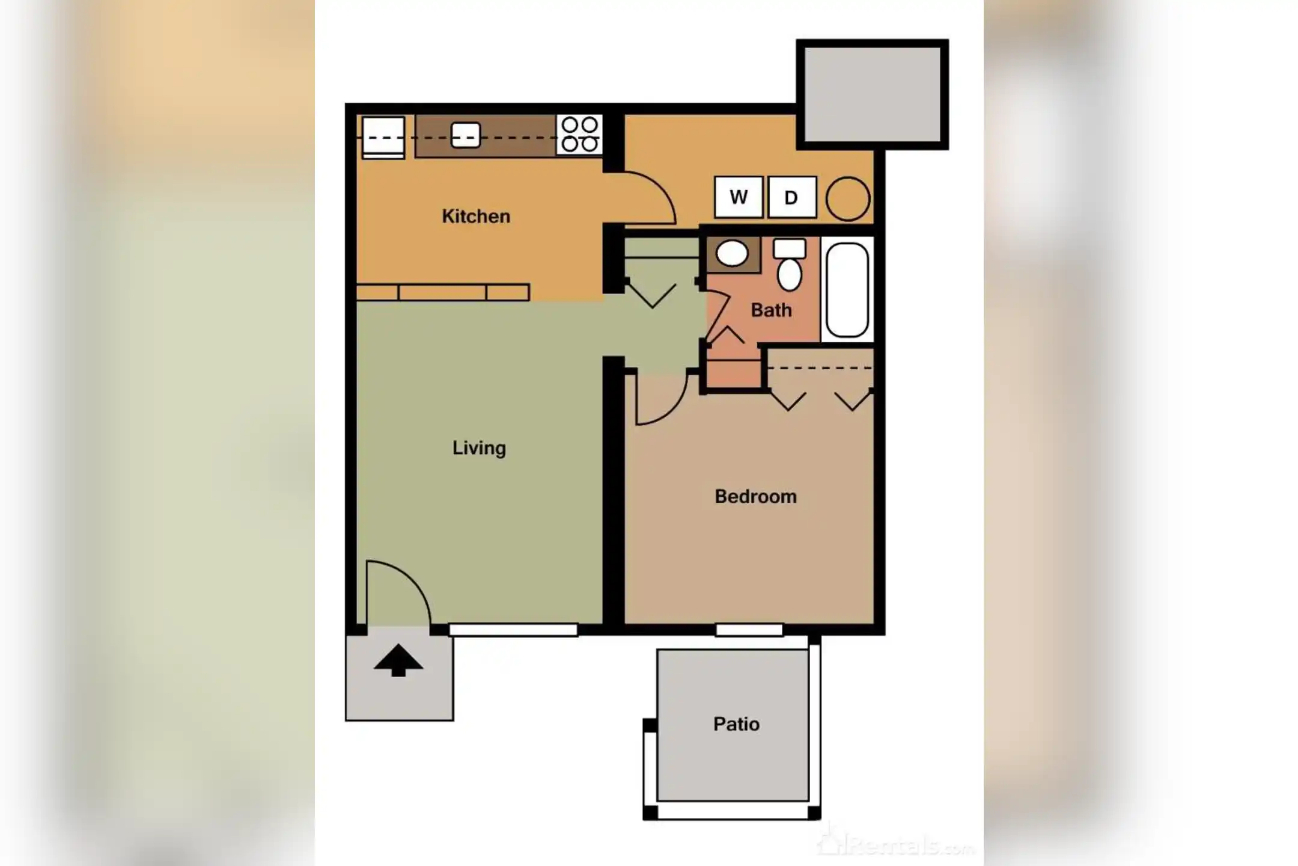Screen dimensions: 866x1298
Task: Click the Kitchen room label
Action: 476,216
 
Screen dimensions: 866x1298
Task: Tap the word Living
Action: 479,448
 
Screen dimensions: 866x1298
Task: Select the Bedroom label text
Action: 755,497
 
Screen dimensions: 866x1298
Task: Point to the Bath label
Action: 771,310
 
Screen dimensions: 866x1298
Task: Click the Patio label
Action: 736,724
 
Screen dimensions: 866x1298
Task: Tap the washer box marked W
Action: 739,197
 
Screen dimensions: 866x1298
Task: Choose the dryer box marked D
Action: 792,197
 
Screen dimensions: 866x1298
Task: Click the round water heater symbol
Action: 847,198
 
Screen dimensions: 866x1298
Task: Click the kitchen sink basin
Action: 466,135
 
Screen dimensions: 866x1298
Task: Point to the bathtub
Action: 847,290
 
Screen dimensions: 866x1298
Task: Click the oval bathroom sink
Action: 732,254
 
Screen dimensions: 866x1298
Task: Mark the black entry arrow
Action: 398,661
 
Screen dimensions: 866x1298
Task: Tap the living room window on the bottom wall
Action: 513,630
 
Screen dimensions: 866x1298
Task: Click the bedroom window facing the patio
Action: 749,630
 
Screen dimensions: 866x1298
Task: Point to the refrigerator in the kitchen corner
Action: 383,137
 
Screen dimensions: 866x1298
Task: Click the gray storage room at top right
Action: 872,94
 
